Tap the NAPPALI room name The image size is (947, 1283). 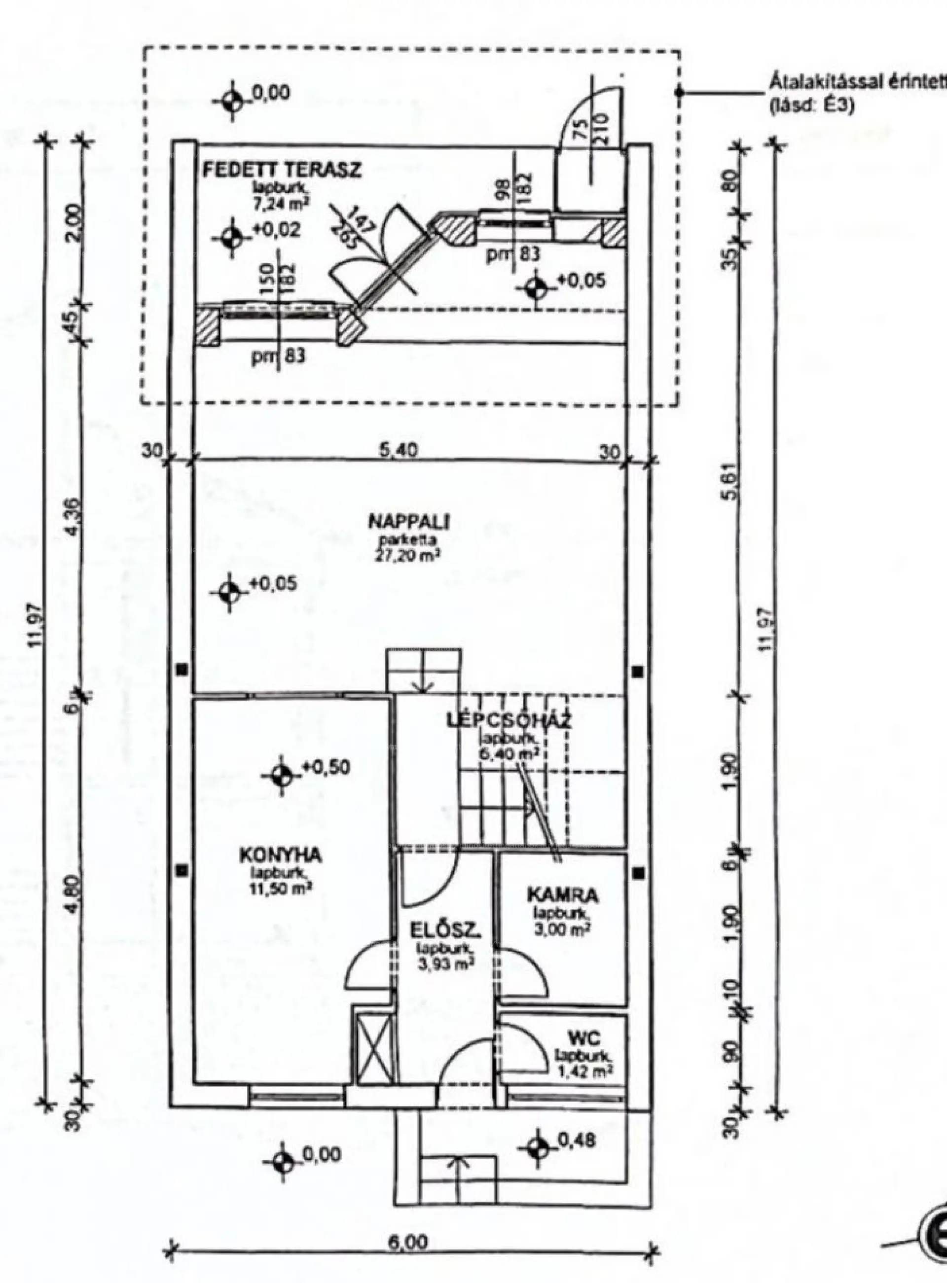(x=409, y=522)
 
